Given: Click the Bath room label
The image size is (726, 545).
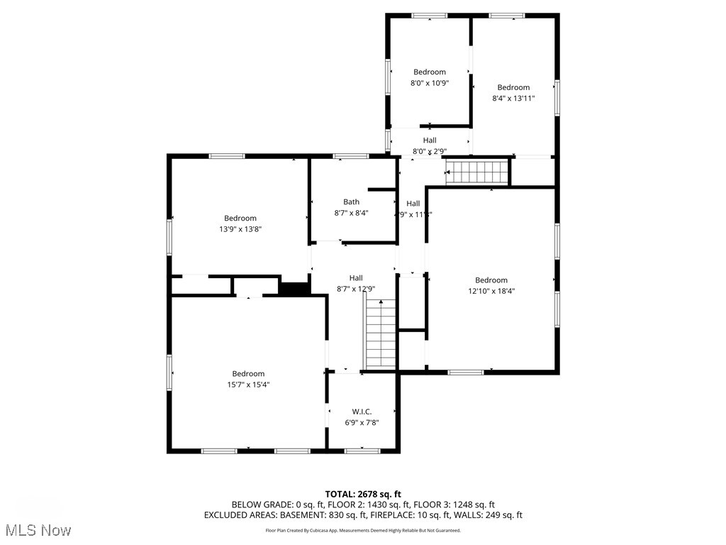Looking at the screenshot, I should pos(351,202).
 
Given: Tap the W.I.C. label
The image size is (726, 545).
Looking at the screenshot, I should pos(362,412).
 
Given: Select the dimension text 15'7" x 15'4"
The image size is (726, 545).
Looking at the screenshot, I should pos(248,385).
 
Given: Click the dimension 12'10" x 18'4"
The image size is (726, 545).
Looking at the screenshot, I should pos(491,291).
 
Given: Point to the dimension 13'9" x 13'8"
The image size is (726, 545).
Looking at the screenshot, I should pos(240,229).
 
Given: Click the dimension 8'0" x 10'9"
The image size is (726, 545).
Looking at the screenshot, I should pos(430,83).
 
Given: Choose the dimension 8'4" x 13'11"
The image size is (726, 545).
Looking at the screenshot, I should pos(513,99).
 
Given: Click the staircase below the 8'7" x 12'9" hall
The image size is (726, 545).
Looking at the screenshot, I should pos(381,334).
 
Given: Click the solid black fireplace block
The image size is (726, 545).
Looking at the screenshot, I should pos(294,288).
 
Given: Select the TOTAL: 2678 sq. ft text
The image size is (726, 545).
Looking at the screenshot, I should pos(363,494).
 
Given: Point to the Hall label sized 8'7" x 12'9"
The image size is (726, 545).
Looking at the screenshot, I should pos(356,277).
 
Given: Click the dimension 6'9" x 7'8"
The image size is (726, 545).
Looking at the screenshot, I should pos(362,423).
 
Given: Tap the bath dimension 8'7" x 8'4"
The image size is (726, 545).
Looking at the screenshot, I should pos(351,213).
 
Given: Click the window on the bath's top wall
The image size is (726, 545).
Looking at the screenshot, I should pos(350,156).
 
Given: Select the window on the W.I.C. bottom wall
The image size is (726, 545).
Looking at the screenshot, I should pos(362,450).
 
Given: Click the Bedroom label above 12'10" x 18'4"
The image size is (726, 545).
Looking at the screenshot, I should pos(491,280).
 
